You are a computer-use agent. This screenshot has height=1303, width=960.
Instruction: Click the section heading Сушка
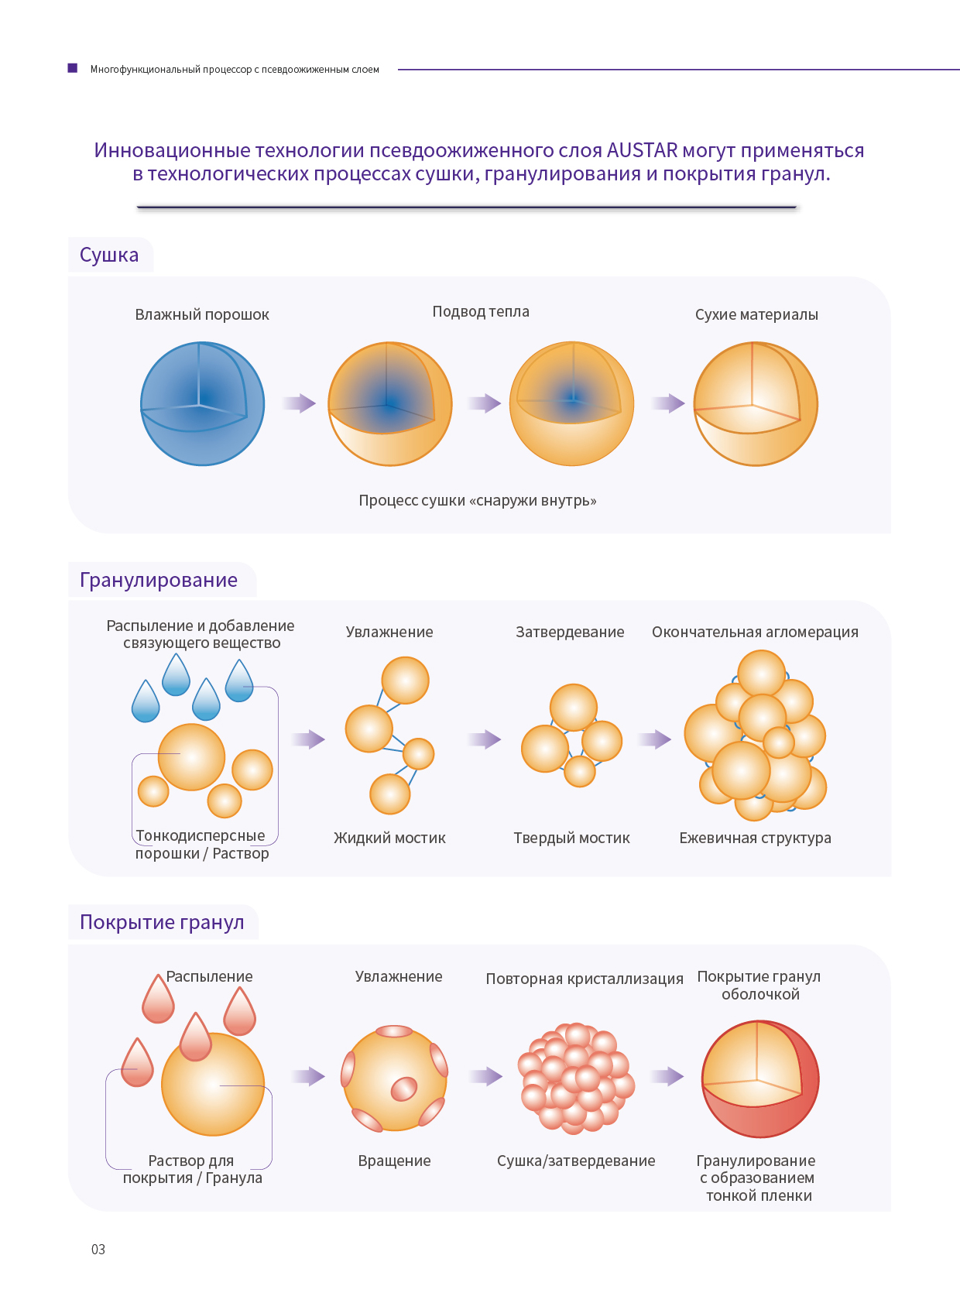point(109,255)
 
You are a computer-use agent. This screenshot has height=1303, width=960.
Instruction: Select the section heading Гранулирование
point(158,580)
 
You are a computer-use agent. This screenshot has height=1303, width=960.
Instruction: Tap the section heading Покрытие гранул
point(162,922)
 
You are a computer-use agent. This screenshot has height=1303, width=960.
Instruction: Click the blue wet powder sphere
point(203,403)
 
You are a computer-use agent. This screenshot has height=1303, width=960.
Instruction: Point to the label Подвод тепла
point(481,311)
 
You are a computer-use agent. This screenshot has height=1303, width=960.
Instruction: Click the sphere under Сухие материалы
point(755,403)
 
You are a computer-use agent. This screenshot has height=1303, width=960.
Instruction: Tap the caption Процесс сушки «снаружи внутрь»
point(477,500)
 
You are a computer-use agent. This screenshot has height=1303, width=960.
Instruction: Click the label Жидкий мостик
point(389,838)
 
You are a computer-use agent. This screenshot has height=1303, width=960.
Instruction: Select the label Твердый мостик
point(571,838)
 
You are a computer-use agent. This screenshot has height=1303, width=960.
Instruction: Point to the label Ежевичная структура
point(755,838)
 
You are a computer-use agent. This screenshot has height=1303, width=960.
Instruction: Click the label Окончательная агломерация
point(755,632)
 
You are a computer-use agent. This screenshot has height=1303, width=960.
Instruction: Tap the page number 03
point(98,1249)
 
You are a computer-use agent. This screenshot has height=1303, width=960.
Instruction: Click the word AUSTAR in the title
point(642,150)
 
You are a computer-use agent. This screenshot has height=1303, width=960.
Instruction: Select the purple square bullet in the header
point(73,68)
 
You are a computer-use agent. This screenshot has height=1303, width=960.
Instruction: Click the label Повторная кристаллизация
point(585,979)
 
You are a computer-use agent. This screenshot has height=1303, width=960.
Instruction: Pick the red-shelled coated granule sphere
point(759,1078)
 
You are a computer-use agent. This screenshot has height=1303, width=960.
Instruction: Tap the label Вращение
point(394,1161)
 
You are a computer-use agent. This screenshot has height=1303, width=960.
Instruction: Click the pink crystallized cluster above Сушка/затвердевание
point(576,1078)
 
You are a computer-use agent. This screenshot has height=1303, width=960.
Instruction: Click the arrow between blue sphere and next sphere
point(299,403)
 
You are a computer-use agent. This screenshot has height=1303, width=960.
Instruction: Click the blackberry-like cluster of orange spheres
point(755,736)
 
